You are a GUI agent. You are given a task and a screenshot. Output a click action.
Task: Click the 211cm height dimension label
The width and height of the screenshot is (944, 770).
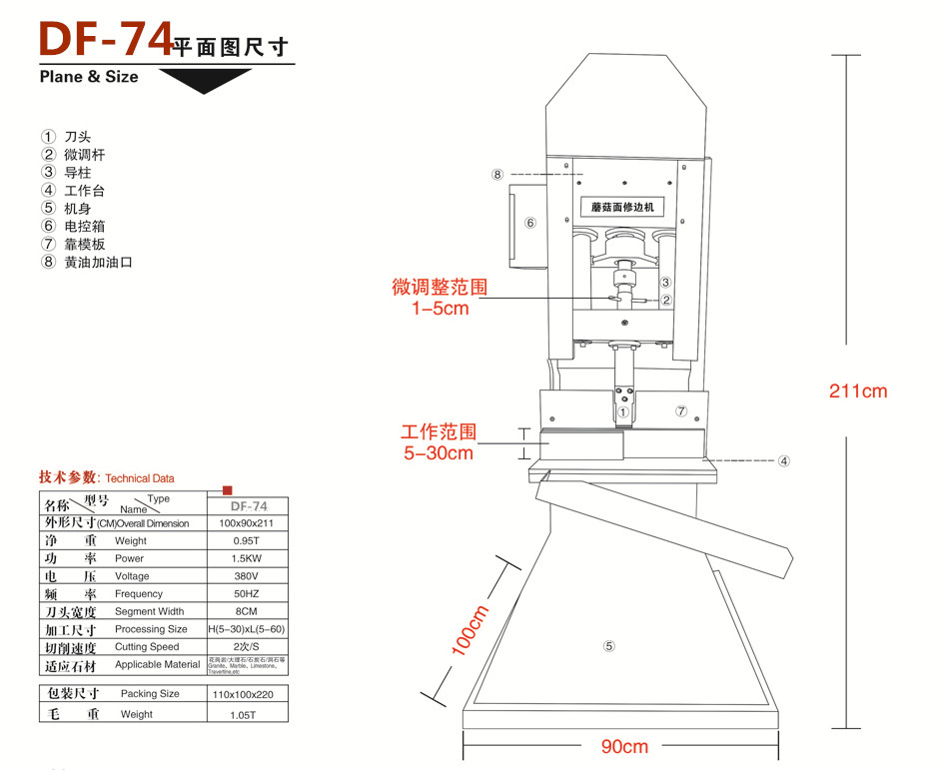coord(857,391)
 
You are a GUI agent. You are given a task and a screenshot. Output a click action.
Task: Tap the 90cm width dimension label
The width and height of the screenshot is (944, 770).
coord(624,746)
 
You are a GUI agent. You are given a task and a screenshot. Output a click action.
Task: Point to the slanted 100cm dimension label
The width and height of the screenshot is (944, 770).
coord(471,630)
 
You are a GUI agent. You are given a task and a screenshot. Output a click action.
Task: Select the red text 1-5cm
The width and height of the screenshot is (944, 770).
coord(440,309)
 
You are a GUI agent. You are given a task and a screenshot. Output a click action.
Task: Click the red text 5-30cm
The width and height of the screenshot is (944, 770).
coord(439,453)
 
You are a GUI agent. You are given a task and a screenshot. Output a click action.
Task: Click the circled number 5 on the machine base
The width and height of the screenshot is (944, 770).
coord(608,646)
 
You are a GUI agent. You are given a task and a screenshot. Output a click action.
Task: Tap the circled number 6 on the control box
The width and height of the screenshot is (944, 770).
coord(530,223)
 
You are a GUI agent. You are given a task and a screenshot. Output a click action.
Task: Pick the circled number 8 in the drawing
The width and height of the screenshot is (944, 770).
coord(497,175)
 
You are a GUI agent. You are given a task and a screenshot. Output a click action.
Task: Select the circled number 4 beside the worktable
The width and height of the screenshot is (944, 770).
coord(784,461)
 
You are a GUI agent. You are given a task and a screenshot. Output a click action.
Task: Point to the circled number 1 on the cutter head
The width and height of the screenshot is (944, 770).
coord(623,411)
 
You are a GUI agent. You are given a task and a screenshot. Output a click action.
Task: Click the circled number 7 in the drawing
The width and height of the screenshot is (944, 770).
coord(681,410)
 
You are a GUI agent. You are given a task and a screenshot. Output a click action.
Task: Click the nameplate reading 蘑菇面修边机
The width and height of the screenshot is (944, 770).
coord(621,208)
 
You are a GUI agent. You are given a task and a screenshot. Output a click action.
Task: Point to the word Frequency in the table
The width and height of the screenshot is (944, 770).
coord(139,594)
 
